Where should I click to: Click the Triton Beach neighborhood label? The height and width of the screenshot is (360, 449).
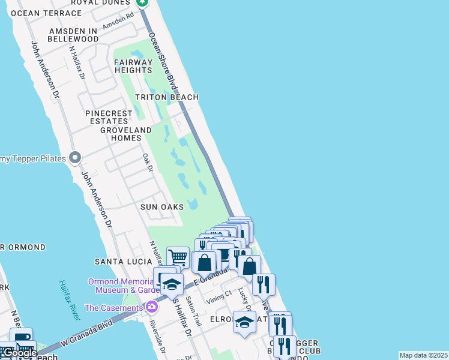[166, 97]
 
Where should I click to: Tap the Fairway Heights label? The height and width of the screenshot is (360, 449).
[133, 66]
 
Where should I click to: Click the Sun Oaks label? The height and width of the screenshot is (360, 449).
[162, 206]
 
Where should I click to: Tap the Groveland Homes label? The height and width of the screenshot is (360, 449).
[126, 134]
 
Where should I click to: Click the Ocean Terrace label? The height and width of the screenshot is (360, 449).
[41, 13]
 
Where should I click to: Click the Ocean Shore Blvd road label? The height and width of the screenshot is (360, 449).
[163, 60]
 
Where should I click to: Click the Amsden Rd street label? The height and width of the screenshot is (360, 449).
[117, 23]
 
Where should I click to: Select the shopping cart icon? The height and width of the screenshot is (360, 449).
[178, 257]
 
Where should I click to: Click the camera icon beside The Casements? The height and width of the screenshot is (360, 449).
[151, 308]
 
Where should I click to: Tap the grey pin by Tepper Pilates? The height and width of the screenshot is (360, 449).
[74, 158]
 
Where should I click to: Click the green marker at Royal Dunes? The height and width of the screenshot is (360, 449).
[142, 2]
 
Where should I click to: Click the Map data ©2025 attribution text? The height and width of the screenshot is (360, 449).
[423, 355]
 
